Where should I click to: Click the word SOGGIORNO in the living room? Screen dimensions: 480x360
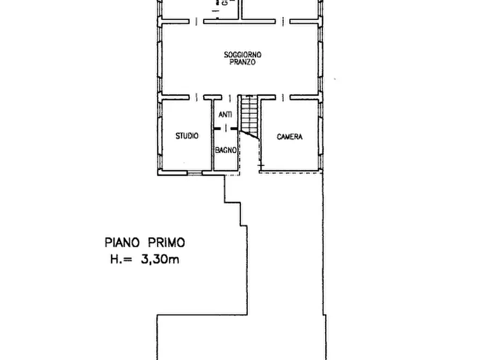[x=243, y=55]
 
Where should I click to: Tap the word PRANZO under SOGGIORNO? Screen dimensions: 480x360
[x=242, y=62]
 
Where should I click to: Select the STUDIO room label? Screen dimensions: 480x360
[x=187, y=135]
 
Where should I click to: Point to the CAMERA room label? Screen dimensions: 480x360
[x=290, y=137]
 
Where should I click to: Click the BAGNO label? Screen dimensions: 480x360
[x=226, y=150]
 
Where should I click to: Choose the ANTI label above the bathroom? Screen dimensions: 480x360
[x=225, y=114]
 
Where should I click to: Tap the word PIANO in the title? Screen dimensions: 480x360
[x=122, y=242]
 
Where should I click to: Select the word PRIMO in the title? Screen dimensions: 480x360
[x=167, y=242]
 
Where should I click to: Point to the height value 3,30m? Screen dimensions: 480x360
[x=160, y=260]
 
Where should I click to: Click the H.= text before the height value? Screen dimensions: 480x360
[x=121, y=260]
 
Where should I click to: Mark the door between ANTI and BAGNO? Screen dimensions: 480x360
[x=226, y=128]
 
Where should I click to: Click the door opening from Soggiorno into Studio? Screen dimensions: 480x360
[x=196, y=97]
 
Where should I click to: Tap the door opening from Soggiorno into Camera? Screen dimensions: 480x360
[x=283, y=97]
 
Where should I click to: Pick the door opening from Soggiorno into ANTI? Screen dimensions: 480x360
[x=230, y=98]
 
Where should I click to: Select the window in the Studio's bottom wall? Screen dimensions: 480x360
[x=195, y=173]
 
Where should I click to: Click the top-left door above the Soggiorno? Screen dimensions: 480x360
[x=196, y=21]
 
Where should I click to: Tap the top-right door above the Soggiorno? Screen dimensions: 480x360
[x=283, y=21]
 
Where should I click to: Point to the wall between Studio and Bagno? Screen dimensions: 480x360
[x=212, y=135]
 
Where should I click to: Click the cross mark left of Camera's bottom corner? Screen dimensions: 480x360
[x=261, y=165]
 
